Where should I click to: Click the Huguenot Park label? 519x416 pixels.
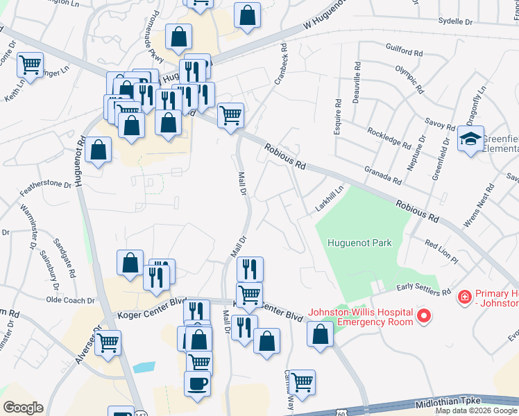360,243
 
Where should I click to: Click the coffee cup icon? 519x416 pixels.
197,383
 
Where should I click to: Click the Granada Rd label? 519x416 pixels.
382,174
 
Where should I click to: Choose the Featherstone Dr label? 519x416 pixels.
45,184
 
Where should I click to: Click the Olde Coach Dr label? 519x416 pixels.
69,300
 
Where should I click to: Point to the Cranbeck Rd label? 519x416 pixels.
280,65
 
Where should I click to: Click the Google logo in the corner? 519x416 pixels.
23,408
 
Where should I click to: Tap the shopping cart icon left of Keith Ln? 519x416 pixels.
31,65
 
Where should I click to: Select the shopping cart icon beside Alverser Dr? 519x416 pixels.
108,342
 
